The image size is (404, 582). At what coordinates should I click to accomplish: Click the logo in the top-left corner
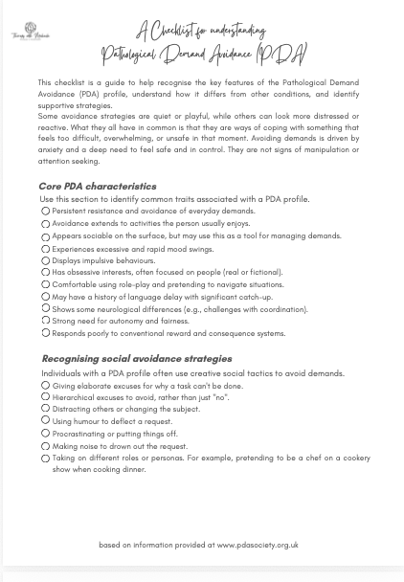coord(30,33)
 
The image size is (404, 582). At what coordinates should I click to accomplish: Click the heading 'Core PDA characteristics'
coord(97,187)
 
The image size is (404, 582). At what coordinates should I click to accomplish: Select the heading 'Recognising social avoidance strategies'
coord(136,359)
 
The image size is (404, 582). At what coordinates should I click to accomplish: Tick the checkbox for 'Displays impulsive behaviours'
coord(45,260)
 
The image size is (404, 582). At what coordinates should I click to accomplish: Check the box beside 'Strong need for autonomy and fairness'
coord(45,322)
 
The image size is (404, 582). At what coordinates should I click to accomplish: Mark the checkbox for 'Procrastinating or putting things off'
coord(45,434)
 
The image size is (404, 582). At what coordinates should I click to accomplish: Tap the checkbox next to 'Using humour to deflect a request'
coord(45,421)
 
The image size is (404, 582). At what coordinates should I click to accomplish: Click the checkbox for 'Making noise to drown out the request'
coord(45,446)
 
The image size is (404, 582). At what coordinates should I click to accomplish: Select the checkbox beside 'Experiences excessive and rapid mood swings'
coord(45,249)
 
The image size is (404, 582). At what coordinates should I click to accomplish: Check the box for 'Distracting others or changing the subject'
coord(45,409)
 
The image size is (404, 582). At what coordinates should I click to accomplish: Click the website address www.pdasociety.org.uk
coord(258,545)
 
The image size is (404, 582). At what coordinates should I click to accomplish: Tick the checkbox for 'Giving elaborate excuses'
coord(45,385)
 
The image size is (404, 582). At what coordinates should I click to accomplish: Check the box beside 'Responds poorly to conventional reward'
coord(45,333)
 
